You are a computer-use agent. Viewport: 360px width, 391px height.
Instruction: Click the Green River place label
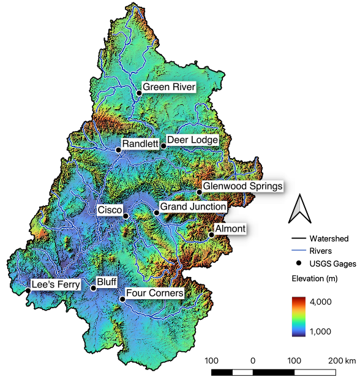point(169,88)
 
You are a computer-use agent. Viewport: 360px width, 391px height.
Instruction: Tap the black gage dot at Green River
point(139,93)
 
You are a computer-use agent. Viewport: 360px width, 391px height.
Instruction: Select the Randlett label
point(140,144)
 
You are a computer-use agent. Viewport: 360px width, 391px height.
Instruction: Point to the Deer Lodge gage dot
point(163,146)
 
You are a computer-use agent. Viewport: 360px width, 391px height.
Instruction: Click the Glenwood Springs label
point(242,186)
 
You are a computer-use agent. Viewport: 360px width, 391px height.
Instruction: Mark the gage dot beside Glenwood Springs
point(199,192)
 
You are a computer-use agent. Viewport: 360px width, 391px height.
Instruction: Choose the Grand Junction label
point(193,207)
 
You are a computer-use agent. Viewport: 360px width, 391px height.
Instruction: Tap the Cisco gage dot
point(126,216)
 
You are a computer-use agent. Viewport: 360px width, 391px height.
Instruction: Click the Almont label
point(230,229)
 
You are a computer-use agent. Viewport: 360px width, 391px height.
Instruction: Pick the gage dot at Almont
point(211,234)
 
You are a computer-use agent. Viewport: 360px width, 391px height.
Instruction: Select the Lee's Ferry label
point(56,284)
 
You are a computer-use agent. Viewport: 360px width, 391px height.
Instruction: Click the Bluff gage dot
point(93,287)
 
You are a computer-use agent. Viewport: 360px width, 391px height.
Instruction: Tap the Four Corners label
point(154,294)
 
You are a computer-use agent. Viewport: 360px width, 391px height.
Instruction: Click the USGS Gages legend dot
point(298,263)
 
